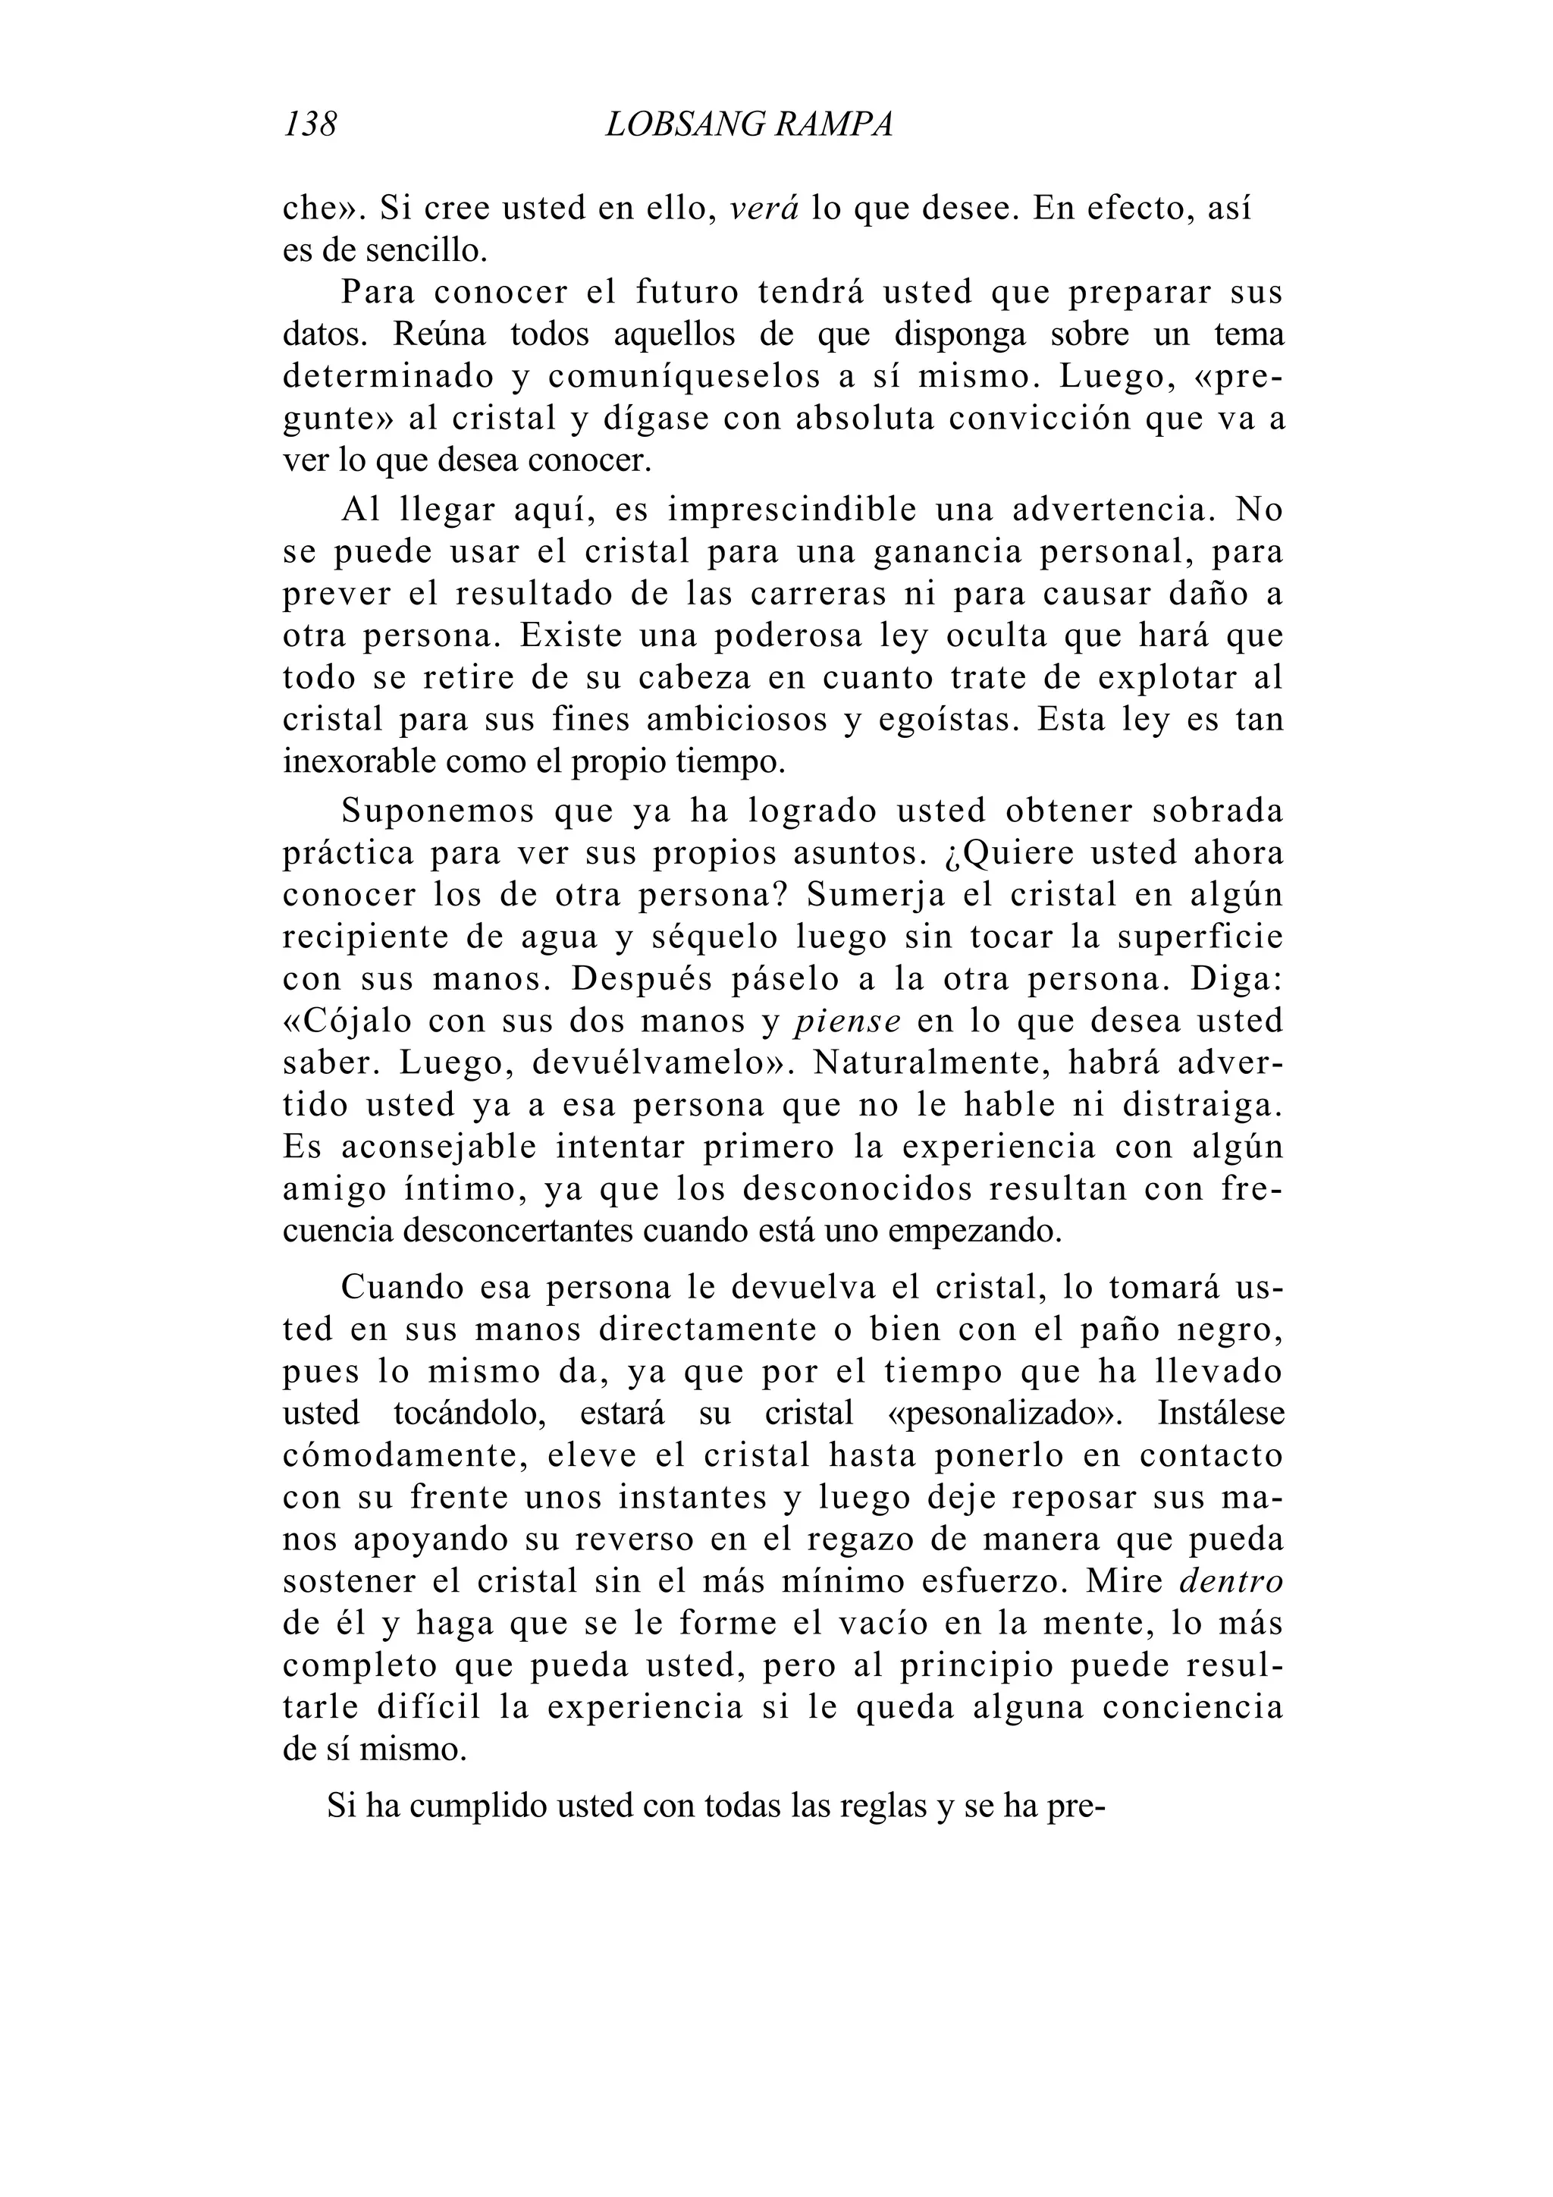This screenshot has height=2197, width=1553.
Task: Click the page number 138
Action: pyautogui.click(x=310, y=125)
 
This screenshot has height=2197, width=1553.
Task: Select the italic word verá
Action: pyautogui.click(x=764, y=209)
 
